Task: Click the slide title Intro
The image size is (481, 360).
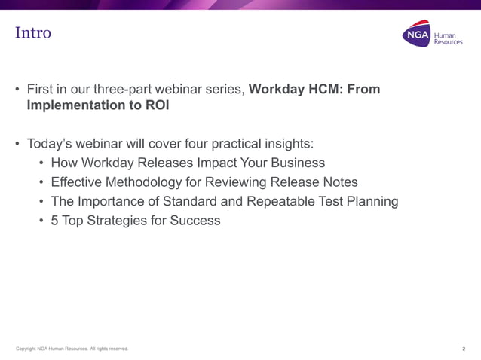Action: (33, 33)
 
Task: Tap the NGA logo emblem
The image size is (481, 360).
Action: (416, 34)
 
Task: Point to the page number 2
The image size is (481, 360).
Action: (463, 349)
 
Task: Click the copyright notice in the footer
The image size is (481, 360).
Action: (72, 349)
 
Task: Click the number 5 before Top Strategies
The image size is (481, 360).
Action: (55, 221)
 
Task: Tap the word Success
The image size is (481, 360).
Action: (195, 221)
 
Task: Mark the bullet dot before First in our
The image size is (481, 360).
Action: (17, 90)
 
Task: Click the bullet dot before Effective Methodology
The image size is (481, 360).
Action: (41, 182)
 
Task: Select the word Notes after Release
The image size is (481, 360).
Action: (339, 182)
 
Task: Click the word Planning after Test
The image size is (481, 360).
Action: (371, 202)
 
